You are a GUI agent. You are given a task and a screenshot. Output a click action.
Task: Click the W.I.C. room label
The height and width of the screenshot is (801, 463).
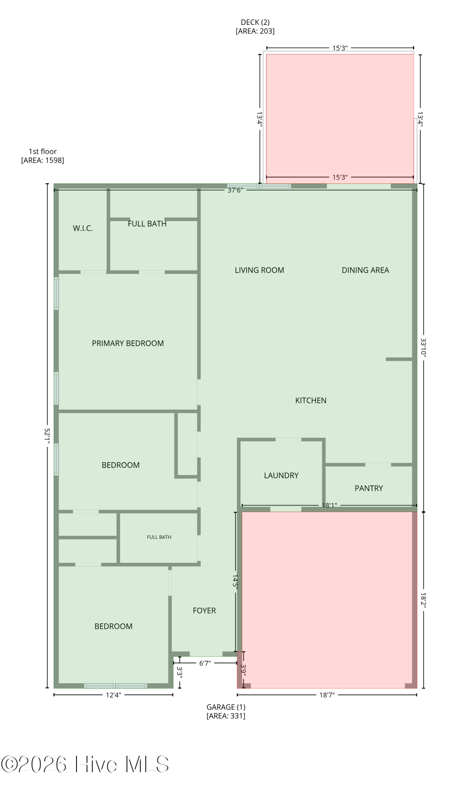[x=83, y=228]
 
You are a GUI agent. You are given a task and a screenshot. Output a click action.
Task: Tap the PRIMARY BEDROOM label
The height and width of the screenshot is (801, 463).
[x=128, y=343]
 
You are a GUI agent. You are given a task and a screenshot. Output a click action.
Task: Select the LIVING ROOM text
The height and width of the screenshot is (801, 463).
[x=260, y=270]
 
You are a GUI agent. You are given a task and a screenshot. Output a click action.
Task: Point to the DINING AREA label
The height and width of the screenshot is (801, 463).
[x=365, y=270]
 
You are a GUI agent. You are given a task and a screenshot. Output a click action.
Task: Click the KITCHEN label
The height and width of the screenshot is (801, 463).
[x=311, y=400]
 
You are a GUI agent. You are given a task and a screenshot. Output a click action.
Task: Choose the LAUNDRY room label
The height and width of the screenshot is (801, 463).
[x=281, y=475]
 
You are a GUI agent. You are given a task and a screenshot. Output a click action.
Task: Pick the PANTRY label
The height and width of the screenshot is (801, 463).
[x=369, y=488]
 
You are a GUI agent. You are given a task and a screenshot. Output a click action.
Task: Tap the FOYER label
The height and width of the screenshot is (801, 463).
[x=204, y=610]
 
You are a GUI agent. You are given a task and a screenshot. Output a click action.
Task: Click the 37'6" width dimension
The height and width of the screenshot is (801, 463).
[x=235, y=190]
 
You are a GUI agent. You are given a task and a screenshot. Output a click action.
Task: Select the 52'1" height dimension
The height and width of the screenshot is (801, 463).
[x=47, y=436]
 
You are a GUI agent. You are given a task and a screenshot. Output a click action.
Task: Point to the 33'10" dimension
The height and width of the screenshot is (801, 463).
[x=423, y=347]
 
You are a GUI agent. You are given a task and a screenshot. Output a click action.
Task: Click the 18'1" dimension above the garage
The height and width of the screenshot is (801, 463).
[x=328, y=505]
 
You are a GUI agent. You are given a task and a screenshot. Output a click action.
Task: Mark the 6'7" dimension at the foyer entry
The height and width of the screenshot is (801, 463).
[x=205, y=663]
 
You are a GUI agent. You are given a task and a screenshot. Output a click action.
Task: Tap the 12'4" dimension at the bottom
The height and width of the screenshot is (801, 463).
[x=113, y=695]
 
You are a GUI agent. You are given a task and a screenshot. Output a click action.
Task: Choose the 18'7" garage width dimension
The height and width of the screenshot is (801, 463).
[x=327, y=695]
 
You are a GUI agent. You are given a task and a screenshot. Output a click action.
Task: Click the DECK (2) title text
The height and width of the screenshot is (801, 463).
[x=255, y=22]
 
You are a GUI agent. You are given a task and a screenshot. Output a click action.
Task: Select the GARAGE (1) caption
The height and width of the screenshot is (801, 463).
[x=226, y=707]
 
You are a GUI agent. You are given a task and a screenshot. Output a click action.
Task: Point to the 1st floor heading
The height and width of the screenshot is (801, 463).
[x=42, y=151]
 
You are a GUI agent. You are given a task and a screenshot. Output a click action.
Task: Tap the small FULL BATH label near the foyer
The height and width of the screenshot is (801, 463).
[x=159, y=537]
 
